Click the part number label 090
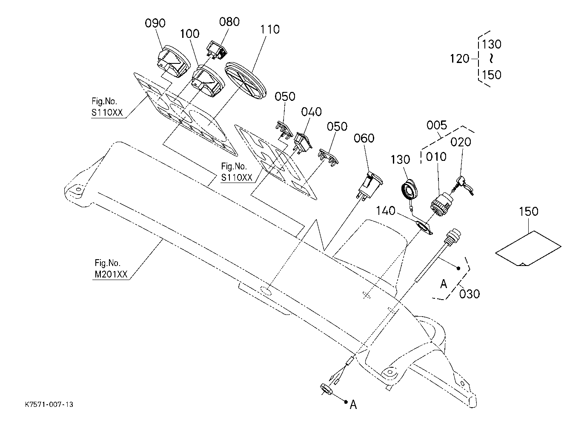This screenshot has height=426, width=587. (155, 23)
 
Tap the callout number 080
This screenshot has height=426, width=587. (229, 22)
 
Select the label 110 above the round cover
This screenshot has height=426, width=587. (269, 29)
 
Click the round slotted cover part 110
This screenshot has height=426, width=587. (245, 80)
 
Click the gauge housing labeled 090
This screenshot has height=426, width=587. (174, 61)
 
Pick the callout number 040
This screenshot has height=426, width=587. (311, 112)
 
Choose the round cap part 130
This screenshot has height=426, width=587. (409, 189)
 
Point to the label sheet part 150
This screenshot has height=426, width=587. (528, 249)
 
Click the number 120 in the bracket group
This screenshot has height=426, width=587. (460, 59)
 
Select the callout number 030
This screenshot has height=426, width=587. (470, 294)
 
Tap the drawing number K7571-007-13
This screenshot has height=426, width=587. (49, 405)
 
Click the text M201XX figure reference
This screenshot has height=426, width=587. (111, 274)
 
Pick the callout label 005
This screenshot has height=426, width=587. (437, 125)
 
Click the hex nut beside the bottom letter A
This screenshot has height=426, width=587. (326, 389)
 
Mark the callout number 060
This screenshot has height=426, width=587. (364, 138)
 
